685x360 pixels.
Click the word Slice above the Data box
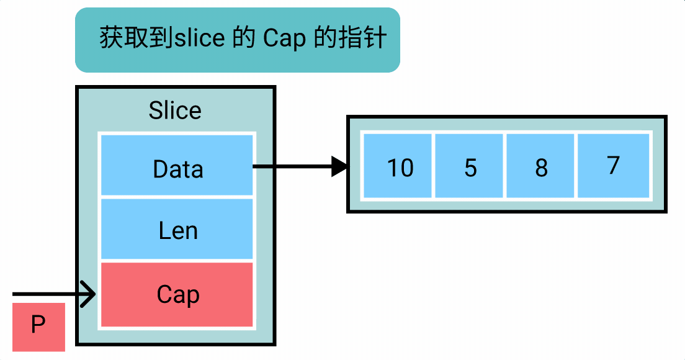click(175, 110)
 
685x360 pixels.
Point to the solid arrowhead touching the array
click(339, 166)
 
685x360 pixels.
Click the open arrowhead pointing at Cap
click(90, 294)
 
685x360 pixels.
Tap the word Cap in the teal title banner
click(284, 39)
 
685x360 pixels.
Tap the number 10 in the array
click(400, 168)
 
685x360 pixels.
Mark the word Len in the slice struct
click(178, 231)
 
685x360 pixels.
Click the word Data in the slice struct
click(178, 169)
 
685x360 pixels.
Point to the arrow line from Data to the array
click(292, 166)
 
